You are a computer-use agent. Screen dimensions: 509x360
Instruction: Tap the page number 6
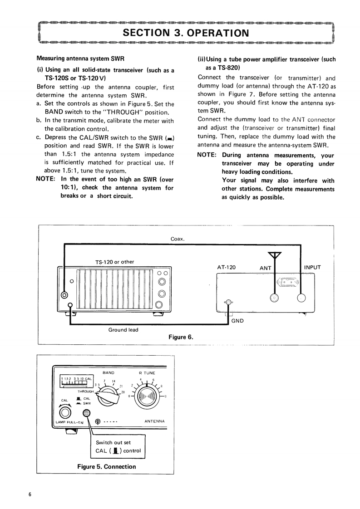[x=30, y=494]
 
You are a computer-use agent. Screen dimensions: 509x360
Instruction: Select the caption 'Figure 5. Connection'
[x=107, y=466]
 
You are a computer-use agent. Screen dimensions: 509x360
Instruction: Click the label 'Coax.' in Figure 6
[x=177, y=239]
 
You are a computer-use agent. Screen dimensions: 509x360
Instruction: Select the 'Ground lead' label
[x=123, y=330]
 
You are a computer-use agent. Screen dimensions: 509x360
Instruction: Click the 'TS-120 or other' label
[x=114, y=261]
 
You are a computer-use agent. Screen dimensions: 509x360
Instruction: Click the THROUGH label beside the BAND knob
[x=85, y=391]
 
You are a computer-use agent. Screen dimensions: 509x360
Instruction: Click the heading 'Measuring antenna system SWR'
[x=80, y=59]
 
